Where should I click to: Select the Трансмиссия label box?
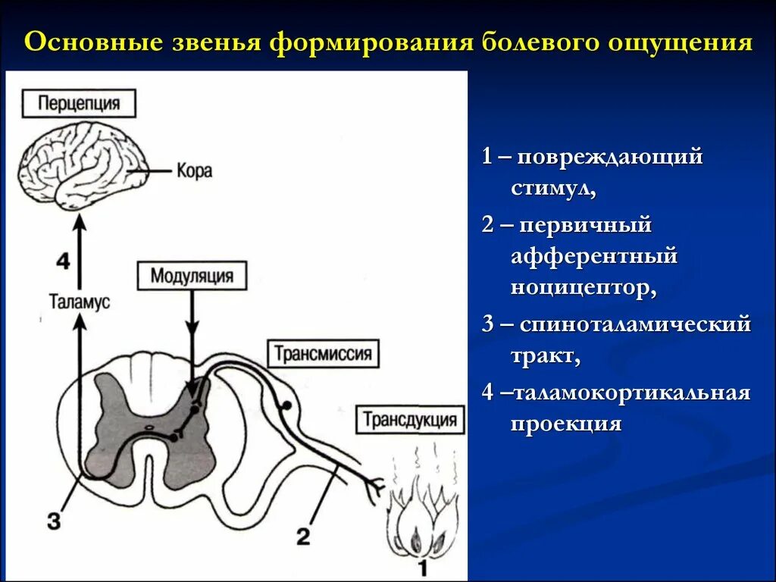(x=322, y=354)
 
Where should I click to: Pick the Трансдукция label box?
(x=409, y=419)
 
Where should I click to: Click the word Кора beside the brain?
(x=195, y=170)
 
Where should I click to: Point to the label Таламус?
(x=80, y=302)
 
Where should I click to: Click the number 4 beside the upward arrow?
(x=63, y=261)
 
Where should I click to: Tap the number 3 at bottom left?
(x=52, y=521)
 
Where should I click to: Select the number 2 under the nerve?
(x=302, y=537)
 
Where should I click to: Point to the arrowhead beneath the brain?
(x=79, y=222)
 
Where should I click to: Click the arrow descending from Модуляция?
(x=191, y=333)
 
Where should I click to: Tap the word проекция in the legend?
(x=565, y=424)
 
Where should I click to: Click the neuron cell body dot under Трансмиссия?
(x=286, y=406)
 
